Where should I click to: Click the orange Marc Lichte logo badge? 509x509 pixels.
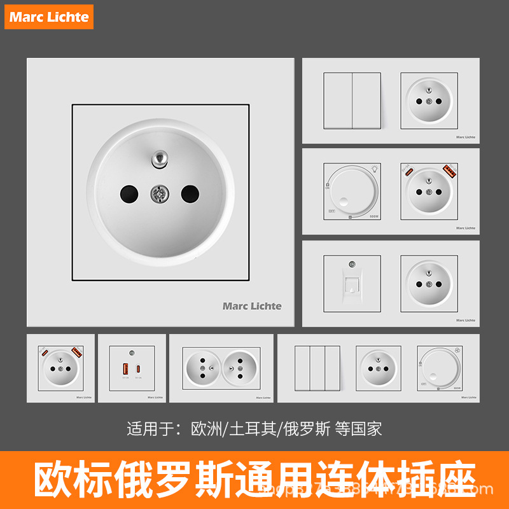(x=50, y=17)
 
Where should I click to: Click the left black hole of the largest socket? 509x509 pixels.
(x=128, y=192)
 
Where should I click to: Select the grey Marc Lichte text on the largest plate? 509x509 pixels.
(x=252, y=306)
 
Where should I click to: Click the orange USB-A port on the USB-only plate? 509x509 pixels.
(x=125, y=368)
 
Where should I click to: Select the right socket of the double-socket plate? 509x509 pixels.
(x=239, y=368)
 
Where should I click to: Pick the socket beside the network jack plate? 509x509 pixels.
(x=429, y=283)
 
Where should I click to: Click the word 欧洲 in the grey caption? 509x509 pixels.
(x=206, y=429)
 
